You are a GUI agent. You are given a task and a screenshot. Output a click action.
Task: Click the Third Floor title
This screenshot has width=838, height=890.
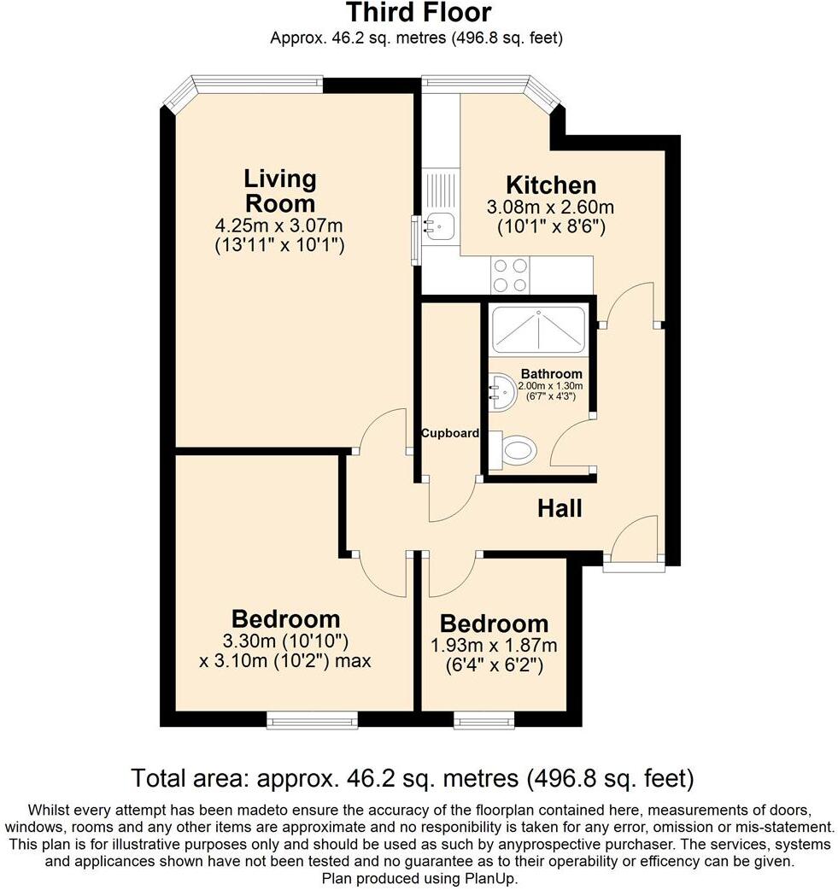(419, 12)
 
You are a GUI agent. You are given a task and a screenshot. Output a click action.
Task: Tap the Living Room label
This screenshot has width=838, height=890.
(279, 190)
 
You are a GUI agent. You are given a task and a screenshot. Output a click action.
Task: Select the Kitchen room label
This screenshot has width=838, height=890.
(551, 185)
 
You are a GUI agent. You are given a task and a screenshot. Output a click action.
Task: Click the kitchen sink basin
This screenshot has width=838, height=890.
(437, 225)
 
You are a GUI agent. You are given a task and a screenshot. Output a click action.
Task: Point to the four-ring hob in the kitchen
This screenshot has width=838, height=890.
(510, 275)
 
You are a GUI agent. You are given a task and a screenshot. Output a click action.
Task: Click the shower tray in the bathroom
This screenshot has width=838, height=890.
(537, 331)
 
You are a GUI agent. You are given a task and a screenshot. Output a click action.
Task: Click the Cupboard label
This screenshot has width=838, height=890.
(450, 433)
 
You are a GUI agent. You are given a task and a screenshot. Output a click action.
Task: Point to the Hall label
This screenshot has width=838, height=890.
(560, 508)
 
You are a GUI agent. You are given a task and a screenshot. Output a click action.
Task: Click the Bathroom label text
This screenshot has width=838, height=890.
(551, 374)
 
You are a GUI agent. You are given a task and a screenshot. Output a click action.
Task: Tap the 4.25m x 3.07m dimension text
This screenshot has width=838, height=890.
(278, 225)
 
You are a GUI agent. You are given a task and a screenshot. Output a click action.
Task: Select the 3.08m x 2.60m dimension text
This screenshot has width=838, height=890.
(550, 208)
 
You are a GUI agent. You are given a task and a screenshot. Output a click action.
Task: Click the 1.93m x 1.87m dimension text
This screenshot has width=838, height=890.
(494, 646)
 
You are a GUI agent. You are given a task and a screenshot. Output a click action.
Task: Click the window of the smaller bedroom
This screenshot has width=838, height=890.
(484, 721)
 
